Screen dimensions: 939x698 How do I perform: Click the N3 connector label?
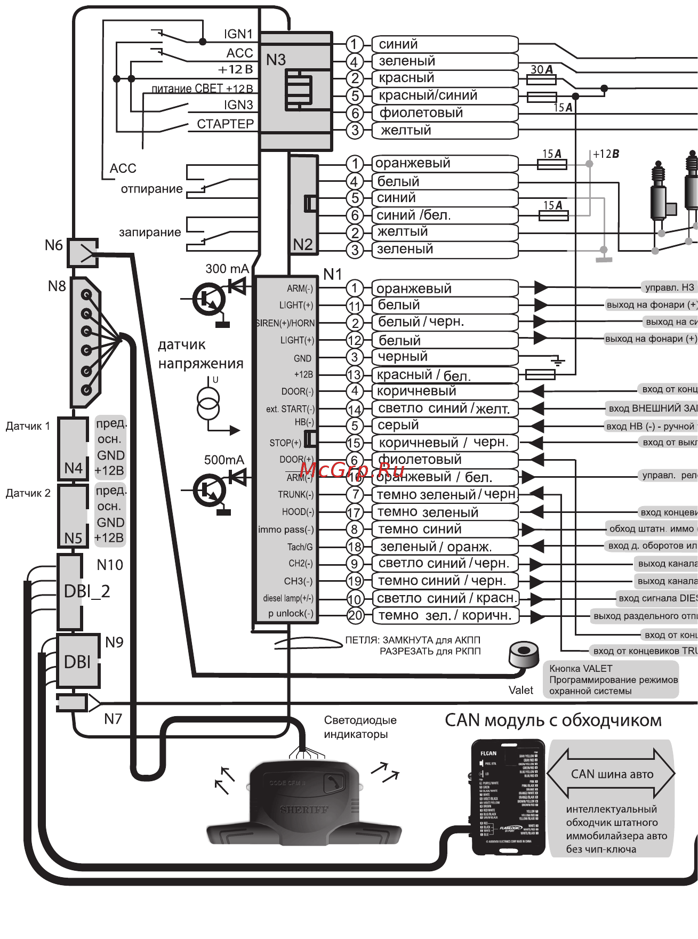(276, 60)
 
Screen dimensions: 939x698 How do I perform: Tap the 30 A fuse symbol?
(541, 79)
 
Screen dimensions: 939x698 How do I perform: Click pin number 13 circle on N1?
(354, 374)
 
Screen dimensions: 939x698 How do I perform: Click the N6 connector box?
(82, 253)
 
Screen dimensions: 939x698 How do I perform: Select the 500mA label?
(224, 460)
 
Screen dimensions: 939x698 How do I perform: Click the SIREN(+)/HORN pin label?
(285, 323)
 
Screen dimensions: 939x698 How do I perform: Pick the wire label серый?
(398, 426)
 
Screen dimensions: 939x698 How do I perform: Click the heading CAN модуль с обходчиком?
(553, 720)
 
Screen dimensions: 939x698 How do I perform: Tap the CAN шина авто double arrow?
(612, 774)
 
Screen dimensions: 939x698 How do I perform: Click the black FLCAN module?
(508, 797)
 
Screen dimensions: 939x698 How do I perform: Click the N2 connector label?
(303, 244)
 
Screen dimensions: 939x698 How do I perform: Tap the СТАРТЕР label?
(225, 124)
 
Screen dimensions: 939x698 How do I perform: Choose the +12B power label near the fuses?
(606, 154)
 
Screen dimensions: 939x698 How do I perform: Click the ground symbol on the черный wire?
(558, 362)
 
